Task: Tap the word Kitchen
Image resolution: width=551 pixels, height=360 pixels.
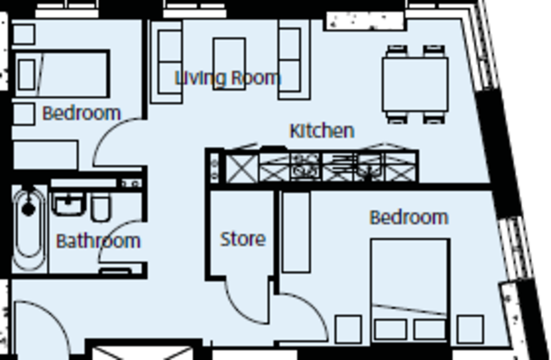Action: coord(322,131)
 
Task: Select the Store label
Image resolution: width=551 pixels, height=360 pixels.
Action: coord(242,239)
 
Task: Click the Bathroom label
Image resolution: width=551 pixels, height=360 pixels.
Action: coord(98,241)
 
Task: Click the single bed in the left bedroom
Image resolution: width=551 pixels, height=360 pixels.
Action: coord(62,74)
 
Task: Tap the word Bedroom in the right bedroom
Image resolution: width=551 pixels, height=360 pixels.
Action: coord(409,217)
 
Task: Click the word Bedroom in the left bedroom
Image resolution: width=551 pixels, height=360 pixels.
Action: coord(81,113)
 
